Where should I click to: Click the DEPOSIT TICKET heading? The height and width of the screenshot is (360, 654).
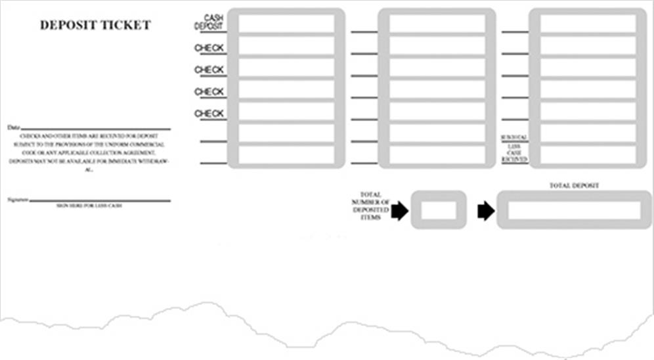pos(95,26)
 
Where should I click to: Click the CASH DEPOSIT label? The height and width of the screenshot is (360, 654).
pos(210,22)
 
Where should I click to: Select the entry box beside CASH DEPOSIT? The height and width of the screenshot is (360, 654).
pos(286,24)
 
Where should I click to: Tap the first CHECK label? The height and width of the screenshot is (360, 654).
pos(209,48)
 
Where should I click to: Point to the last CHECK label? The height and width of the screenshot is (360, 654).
pos(209,114)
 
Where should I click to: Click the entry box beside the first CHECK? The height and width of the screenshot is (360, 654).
pos(286,45)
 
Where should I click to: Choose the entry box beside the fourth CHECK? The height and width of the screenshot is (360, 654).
pos(286,111)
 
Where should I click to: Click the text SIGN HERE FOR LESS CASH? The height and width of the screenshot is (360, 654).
pos(89,206)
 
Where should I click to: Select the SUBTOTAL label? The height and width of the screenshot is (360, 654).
pos(514,137)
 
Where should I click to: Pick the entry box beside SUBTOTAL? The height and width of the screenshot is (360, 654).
pos(588,133)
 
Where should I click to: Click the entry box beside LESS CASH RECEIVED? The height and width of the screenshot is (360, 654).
pos(588,154)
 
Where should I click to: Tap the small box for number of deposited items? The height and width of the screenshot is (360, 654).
pos(439,210)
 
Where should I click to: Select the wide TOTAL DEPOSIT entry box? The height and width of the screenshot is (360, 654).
pos(574,210)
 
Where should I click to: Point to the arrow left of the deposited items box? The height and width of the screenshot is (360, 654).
pos(399,211)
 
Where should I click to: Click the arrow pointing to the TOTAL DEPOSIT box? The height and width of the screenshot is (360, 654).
pos(486,211)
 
